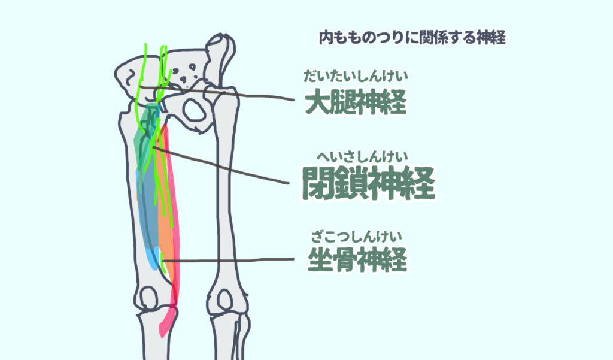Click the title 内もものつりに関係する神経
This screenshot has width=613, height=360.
[412, 38]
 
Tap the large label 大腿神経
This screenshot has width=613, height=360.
[356, 102]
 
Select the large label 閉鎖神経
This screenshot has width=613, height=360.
[368, 183]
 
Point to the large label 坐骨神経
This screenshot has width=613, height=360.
[357, 259]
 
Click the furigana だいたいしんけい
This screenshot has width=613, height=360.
[356, 75]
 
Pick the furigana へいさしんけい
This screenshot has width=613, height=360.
[362, 157]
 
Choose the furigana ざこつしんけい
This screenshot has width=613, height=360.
[356, 237]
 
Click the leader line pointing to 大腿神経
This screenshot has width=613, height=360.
[217, 93]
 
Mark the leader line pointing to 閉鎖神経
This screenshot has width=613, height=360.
[221, 165]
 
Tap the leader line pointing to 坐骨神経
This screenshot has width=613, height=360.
[229, 259]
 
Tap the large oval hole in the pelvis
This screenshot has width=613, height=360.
[194, 110]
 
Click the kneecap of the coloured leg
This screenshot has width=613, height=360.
[148, 297]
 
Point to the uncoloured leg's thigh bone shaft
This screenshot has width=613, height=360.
[226, 196]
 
